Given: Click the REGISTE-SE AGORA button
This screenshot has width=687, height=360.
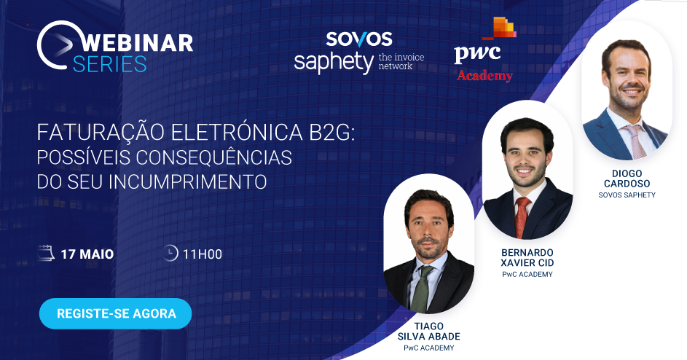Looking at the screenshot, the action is click(x=116, y=313).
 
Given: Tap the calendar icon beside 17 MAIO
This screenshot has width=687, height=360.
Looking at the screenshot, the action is click(x=46, y=254).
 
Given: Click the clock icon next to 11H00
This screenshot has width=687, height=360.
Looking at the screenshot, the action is click(x=170, y=253).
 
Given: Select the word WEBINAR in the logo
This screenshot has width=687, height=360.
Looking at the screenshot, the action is click(x=137, y=43).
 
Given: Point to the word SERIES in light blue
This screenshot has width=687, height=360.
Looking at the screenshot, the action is click(x=109, y=64).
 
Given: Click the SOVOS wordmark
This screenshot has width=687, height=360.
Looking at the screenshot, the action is click(x=359, y=39).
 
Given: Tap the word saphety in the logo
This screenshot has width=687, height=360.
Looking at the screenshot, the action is click(x=334, y=63).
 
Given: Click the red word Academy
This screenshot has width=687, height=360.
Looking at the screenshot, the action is click(x=484, y=75).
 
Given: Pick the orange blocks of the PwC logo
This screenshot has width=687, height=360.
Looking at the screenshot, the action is click(x=500, y=28).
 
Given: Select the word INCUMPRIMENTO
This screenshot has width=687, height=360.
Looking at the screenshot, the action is click(x=188, y=181).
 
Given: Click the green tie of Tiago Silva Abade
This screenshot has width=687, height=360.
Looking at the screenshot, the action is click(x=420, y=289).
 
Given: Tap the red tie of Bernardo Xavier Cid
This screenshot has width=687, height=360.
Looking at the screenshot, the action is click(x=522, y=216).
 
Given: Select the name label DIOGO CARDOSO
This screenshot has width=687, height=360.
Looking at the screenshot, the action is click(x=627, y=179).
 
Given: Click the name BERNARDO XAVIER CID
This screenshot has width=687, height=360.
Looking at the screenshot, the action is click(x=527, y=258).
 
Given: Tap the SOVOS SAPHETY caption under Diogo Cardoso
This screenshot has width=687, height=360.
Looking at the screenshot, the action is click(x=627, y=195).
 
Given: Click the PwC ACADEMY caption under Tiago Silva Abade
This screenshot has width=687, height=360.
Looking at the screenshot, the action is click(x=429, y=348).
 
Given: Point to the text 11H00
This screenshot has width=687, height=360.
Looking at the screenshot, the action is click(x=203, y=254).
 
